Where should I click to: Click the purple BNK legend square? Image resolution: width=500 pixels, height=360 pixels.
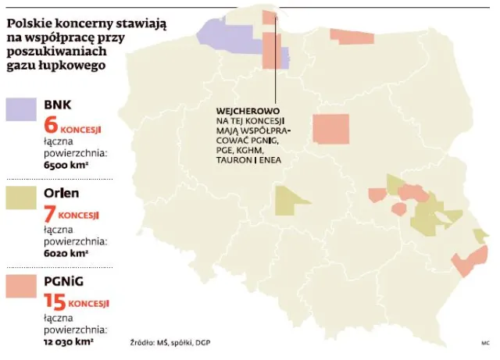(x=20, y=110)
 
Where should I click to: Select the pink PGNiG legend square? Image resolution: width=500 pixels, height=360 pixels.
(x=20, y=286)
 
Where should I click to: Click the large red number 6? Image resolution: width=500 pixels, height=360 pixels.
(x=52, y=125)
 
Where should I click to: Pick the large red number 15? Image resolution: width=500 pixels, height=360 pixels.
(x=54, y=301)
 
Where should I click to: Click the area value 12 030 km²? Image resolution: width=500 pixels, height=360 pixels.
(x=70, y=341)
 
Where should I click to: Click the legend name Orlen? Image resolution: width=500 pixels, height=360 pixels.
(x=62, y=192)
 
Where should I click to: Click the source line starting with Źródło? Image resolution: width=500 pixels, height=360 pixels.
(x=170, y=343)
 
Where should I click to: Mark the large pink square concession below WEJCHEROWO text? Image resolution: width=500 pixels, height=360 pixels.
(x=331, y=129)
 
